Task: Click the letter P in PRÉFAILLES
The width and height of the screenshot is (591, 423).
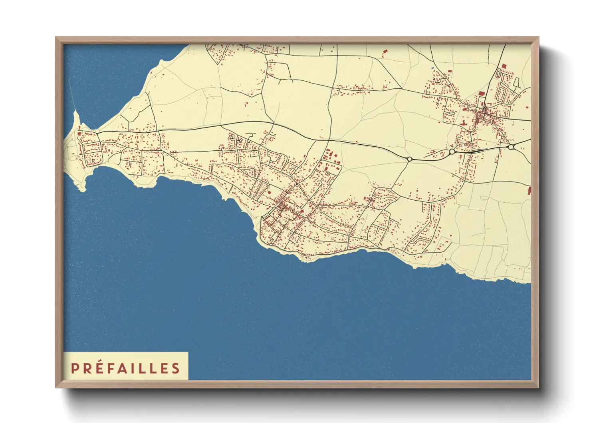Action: (x=74, y=368)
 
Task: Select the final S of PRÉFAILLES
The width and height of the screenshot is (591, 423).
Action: (x=176, y=368)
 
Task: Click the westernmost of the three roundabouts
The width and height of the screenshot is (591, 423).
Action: (x=409, y=159)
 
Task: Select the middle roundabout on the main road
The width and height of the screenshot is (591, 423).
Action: (x=452, y=152)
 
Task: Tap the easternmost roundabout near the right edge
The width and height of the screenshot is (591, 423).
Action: (x=511, y=147)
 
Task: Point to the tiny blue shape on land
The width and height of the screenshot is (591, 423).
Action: (x=432, y=68)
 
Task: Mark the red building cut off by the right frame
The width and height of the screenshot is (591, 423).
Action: (x=529, y=190)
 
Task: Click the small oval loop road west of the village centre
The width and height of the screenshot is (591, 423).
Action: (x=450, y=112)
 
